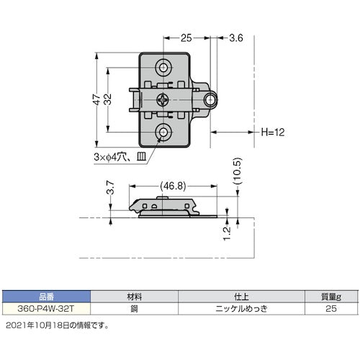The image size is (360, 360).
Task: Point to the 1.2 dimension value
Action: (x=228, y=233)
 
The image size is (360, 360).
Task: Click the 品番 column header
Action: (x=47, y=294)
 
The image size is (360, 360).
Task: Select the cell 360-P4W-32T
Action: (x=47, y=307)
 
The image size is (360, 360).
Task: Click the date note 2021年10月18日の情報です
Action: (x=55, y=325)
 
